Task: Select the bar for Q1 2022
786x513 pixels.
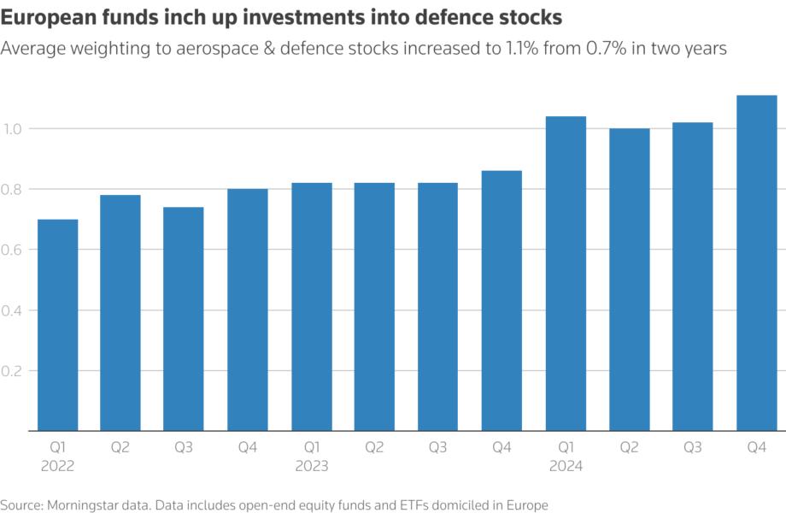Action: [x=57, y=325]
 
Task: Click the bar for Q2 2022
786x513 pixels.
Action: [x=120, y=313]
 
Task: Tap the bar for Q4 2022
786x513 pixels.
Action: [x=248, y=310]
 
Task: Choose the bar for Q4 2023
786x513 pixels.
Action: [x=502, y=300]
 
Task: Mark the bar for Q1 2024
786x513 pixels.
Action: [x=566, y=274]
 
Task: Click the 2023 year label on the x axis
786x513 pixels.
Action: [x=311, y=467]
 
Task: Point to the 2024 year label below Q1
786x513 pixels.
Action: [x=566, y=467]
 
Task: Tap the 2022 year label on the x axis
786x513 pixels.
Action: [x=57, y=467]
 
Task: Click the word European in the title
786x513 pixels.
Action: [x=50, y=18]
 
